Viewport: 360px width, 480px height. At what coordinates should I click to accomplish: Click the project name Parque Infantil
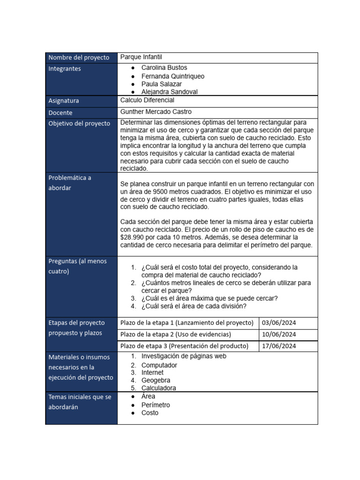[141, 57]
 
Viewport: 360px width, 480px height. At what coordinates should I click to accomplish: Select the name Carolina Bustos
[164, 68]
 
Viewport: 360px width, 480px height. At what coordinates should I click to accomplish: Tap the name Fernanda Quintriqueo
[172, 76]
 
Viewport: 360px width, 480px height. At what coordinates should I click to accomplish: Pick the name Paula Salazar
[161, 84]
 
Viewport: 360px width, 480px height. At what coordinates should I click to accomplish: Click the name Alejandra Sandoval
[169, 92]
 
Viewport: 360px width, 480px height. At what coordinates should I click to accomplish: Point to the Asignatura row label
[64, 101]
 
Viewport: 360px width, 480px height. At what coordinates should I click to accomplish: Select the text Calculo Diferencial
[147, 100]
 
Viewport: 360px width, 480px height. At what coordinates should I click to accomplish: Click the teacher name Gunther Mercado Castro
[156, 112]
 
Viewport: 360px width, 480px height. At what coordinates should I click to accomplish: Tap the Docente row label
[60, 112]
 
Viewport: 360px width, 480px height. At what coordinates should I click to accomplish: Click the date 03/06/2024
[279, 323]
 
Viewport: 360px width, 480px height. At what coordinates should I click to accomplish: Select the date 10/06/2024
[279, 335]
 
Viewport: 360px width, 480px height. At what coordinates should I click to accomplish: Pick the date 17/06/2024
[279, 346]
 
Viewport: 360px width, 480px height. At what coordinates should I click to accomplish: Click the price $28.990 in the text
[134, 237]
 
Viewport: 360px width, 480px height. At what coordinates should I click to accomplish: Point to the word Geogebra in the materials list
[156, 380]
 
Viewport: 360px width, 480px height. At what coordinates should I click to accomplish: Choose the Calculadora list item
[158, 388]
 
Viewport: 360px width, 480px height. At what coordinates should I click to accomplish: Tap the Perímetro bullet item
[155, 405]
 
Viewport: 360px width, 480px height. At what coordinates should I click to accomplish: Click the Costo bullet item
[150, 413]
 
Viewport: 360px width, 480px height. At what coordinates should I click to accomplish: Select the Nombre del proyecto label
[79, 58]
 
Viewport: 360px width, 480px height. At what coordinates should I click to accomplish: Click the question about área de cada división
[194, 306]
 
